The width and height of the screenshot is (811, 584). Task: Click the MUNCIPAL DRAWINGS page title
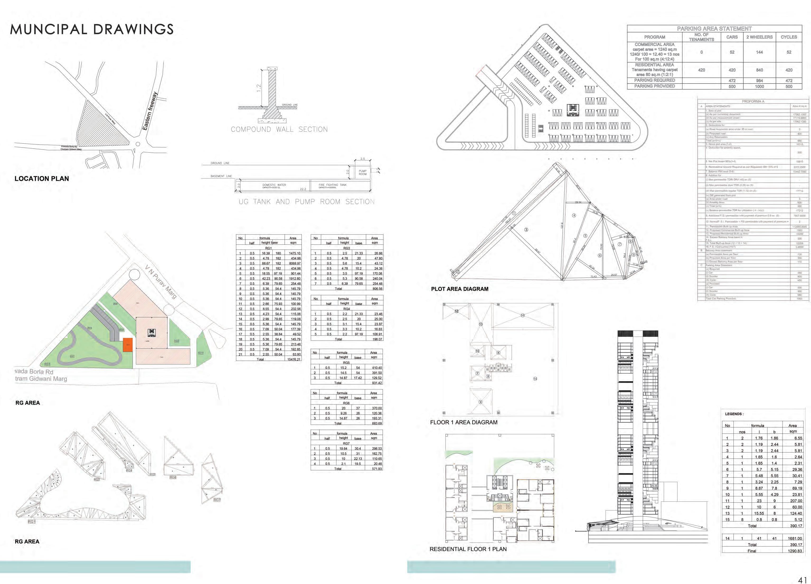pyautogui.click(x=92, y=29)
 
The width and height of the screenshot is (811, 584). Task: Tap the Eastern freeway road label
pyautogui.click(x=150, y=111)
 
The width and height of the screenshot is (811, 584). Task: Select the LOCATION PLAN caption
pyautogui.click(x=42, y=179)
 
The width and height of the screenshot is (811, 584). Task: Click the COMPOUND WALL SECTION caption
pyautogui.click(x=279, y=129)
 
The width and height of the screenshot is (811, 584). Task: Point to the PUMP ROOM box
pyautogui.click(x=362, y=173)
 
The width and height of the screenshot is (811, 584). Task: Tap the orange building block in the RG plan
pyautogui.click(x=128, y=345)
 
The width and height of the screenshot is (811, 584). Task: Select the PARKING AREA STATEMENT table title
pyautogui.click(x=714, y=29)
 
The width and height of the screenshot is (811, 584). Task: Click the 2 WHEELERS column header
pyautogui.click(x=759, y=37)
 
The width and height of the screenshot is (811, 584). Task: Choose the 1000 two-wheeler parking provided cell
pyautogui.click(x=759, y=87)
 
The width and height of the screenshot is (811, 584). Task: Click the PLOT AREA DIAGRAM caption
pyautogui.click(x=460, y=289)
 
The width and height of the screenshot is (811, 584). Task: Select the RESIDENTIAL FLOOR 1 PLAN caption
pyautogui.click(x=468, y=549)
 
